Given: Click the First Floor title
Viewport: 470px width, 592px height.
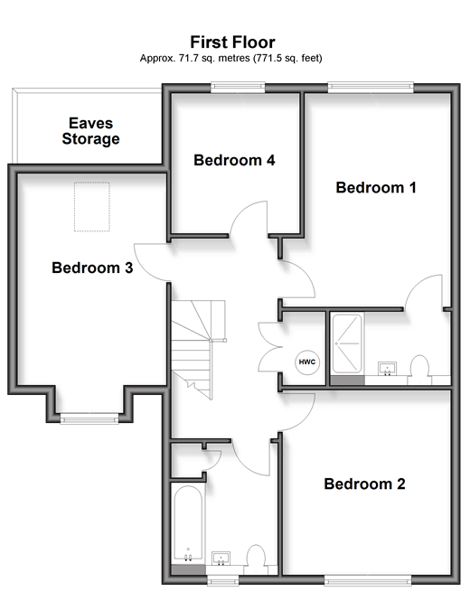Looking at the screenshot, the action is (x=232, y=42).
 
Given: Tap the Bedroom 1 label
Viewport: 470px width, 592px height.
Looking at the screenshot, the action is (x=376, y=187).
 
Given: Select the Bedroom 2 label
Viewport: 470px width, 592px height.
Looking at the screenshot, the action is (x=364, y=484).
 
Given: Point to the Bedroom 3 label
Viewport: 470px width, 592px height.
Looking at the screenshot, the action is (x=92, y=268).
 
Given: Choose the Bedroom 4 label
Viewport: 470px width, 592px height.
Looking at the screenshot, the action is (x=234, y=160).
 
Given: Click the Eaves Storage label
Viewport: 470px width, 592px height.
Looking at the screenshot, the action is (x=91, y=131).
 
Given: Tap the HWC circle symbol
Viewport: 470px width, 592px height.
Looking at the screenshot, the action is (x=307, y=362).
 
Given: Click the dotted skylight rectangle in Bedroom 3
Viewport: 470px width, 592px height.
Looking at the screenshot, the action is (x=91, y=206).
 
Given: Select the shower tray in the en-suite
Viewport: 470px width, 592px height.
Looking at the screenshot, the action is (x=347, y=343).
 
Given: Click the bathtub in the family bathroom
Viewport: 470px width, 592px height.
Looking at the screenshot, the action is (x=188, y=524).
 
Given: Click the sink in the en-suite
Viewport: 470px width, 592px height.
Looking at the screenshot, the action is (x=388, y=369).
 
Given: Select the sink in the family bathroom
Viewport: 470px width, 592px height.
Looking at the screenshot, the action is (x=221, y=559).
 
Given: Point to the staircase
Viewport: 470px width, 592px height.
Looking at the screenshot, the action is (x=198, y=349).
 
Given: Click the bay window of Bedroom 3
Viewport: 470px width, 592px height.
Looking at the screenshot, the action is (x=89, y=418).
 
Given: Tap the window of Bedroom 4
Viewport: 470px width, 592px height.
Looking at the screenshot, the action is (x=238, y=88).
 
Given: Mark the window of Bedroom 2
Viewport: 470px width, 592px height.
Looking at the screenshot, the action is (x=368, y=579).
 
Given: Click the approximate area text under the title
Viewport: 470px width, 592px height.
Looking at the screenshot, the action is (x=231, y=58).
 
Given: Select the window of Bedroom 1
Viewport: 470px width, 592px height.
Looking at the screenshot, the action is (x=371, y=88).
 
